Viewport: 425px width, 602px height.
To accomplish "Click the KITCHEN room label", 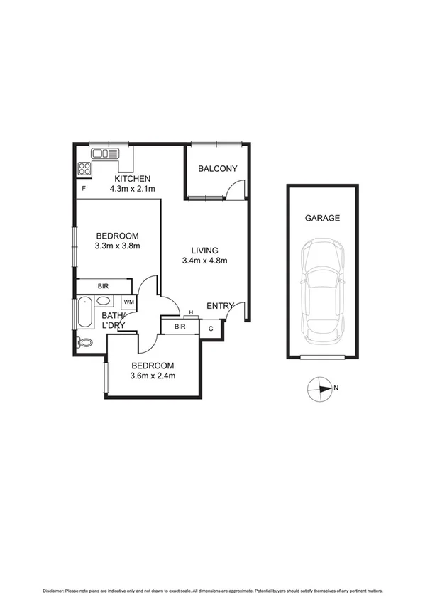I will click(133, 178).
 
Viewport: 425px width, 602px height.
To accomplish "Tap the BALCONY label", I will click(217, 168).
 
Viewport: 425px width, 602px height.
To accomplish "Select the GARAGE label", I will click(322, 218).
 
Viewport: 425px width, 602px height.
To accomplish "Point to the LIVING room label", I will click(204, 250).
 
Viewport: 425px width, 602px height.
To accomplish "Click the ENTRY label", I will click(220, 306).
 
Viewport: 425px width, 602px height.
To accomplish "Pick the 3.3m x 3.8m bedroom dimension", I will click(118, 246).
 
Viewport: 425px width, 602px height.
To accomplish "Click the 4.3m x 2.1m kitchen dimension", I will click(133, 189).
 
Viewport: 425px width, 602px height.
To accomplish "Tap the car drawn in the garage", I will click(323, 290).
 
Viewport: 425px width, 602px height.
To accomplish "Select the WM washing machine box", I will click(128, 302).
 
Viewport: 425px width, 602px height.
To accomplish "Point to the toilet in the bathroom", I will click(84, 342).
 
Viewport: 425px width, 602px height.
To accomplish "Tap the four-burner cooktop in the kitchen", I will click(84, 169).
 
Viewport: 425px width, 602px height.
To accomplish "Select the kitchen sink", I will click(104, 153).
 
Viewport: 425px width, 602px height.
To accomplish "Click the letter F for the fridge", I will click(84, 188).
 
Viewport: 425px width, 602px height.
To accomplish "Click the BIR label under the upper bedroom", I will click(104, 285).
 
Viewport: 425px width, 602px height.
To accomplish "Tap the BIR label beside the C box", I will click(180, 327).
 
